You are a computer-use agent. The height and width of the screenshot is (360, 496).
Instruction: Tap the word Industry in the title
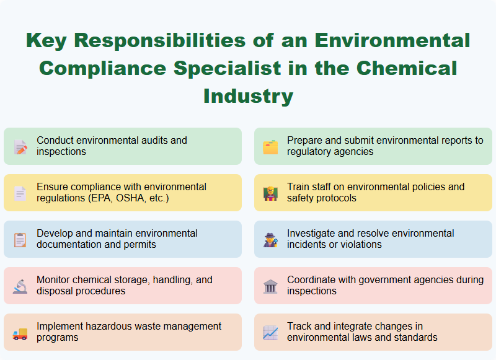(248, 96)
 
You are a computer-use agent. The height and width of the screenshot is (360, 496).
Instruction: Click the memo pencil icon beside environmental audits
(20, 147)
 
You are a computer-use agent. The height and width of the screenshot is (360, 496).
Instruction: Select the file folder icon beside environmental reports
(270, 147)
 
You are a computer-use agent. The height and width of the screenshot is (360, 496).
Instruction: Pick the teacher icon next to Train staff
(270, 193)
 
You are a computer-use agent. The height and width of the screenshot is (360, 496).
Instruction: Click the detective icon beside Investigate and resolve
(270, 240)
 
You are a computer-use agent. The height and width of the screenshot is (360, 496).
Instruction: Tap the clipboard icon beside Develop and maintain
(20, 240)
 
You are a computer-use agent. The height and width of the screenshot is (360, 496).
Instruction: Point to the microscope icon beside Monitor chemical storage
(20, 286)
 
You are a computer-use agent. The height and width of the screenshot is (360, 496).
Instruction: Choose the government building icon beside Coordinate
(270, 286)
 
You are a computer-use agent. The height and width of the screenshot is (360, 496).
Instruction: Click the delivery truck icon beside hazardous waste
(20, 333)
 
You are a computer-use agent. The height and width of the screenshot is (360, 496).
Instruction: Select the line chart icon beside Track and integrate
(270, 333)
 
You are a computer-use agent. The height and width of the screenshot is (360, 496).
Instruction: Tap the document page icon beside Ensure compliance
(20, 193)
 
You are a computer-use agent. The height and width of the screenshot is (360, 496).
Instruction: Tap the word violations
(359, 245)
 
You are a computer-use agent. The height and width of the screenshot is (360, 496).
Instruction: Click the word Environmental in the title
(392, 41)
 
